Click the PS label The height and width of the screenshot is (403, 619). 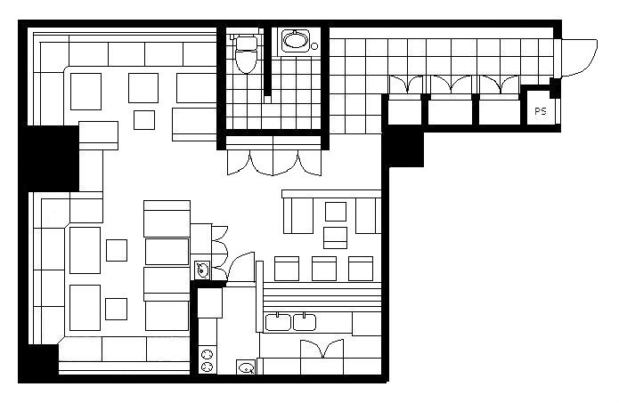541,111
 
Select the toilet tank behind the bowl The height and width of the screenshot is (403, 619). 246,42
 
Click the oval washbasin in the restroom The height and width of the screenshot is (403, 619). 296,40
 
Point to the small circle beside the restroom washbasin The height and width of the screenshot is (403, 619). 314,46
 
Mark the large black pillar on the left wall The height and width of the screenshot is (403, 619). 51,158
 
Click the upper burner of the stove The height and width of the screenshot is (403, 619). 208,353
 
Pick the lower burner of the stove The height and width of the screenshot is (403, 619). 208,367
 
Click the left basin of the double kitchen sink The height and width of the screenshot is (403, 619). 278,322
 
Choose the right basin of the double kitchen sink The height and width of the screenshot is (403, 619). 304,322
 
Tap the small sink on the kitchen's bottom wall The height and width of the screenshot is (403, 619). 246,367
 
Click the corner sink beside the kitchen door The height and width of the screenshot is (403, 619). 202,270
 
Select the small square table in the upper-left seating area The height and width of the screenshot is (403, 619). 144,120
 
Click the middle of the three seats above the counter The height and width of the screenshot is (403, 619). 324,269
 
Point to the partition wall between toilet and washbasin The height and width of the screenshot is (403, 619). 268,64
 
